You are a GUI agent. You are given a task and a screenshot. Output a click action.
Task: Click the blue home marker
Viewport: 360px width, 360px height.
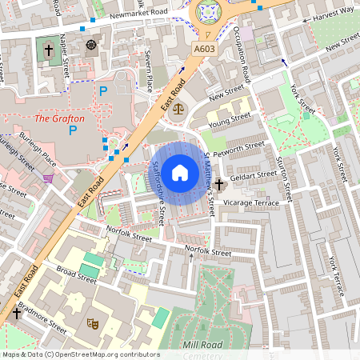180,173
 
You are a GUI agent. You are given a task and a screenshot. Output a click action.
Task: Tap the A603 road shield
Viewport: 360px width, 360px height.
204,50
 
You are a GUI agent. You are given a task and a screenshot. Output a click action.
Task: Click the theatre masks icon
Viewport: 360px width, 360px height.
93,324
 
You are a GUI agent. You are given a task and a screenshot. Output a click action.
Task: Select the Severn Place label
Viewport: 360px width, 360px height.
148,70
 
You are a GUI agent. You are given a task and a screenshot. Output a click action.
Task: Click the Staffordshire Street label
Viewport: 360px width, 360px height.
158,193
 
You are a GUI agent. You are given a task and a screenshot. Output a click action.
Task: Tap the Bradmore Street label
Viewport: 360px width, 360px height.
45,318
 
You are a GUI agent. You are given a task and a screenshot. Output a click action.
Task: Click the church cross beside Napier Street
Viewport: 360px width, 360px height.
48,50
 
